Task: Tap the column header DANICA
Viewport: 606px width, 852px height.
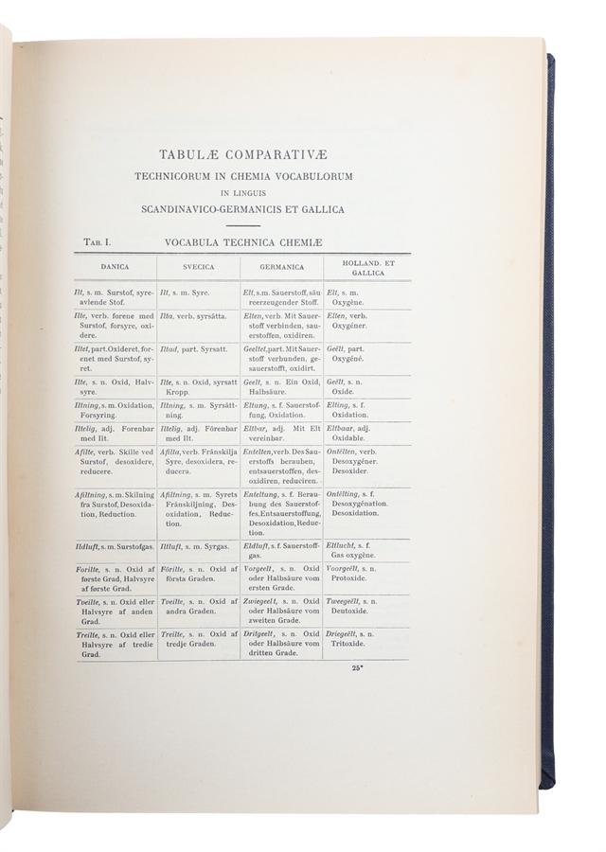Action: [x=115, y=268]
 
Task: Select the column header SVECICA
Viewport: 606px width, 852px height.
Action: [x=198, y=268]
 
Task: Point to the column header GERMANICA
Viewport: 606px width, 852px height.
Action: [x=281, y=268]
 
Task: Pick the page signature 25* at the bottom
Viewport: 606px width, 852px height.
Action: [x=358, y=668]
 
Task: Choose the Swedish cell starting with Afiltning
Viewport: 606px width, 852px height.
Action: [x=198, y=511]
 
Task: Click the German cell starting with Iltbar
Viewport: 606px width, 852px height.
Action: [x=281, y=432]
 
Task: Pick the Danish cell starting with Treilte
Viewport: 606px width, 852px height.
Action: [x=115, y=644]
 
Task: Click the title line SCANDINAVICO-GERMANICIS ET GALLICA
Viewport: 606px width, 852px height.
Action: [x=242, y=209]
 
